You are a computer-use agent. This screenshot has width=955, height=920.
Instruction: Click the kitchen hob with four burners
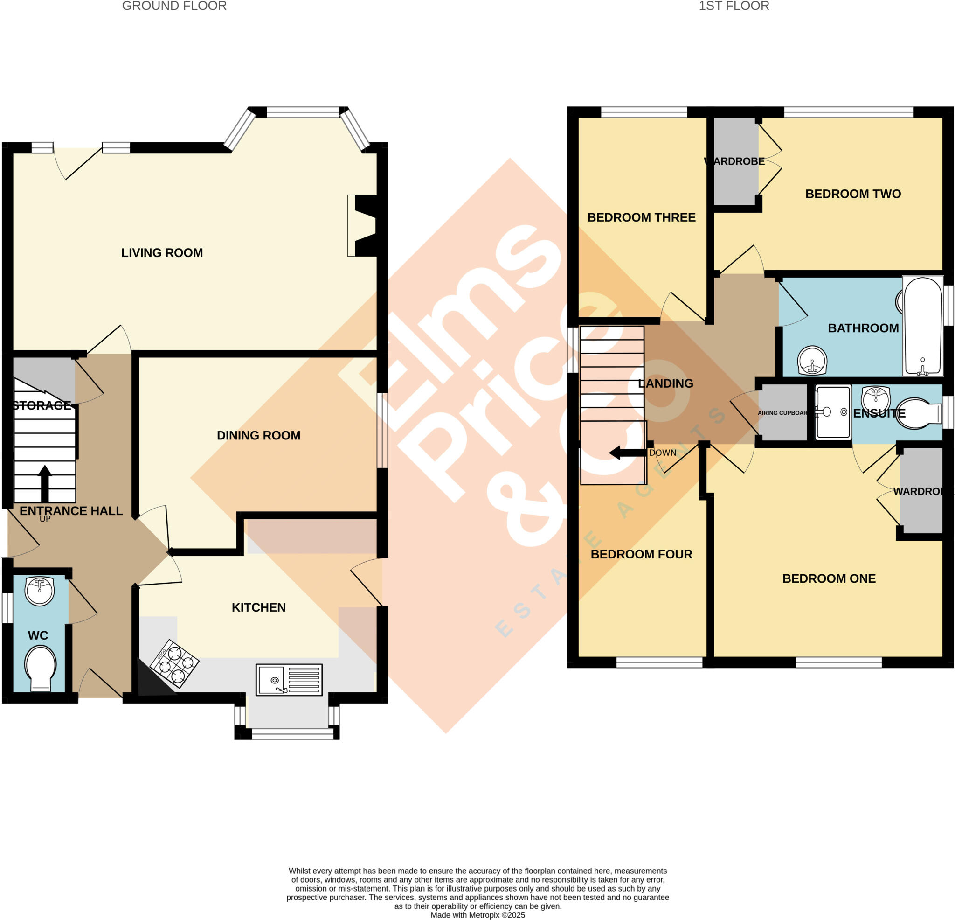[174, 663]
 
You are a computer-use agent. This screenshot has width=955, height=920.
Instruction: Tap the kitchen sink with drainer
[289, 679]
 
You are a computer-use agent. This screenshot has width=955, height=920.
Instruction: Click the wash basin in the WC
[40, 591]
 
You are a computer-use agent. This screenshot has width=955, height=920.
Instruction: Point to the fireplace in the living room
[363, 226]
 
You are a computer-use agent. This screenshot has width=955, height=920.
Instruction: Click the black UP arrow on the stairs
[45, 483]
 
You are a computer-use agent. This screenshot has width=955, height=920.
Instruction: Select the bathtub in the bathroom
[923, 326]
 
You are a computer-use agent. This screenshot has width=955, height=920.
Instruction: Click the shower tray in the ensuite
[833, 411]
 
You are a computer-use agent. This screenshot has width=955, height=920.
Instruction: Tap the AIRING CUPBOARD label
[782, 413]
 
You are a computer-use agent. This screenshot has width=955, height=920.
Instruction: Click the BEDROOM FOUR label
[641, 554]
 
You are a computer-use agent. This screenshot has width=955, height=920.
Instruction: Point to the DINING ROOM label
[258, 435]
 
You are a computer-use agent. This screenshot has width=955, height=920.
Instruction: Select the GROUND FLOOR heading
[174, 6]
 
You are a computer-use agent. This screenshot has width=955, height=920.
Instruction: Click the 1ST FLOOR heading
[734, 6]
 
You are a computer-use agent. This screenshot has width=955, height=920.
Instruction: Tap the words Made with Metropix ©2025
[477, 915]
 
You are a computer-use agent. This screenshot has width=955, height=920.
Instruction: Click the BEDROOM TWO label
[853, 194]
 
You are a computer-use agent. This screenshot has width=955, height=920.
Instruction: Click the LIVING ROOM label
[162, 253]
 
